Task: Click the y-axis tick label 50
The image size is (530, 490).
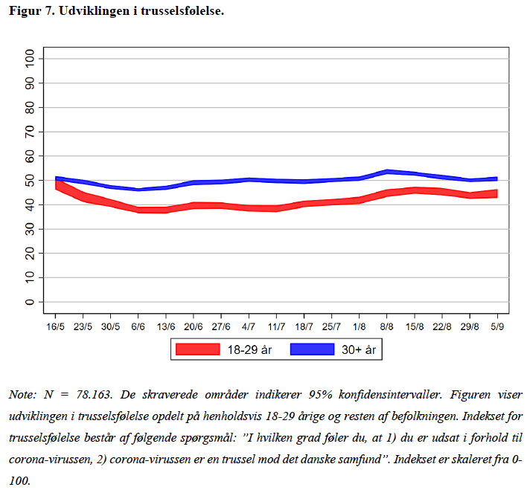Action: pos(30,181)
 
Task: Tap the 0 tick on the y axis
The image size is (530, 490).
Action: pos(30,302)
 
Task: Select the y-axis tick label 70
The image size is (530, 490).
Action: pos(30,132)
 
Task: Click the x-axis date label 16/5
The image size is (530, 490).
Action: pos(55,326)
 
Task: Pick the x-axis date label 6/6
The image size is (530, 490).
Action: pos(138,326)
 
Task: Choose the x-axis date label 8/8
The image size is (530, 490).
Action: pos(386,326)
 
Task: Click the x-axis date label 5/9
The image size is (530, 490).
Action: pos(497,326)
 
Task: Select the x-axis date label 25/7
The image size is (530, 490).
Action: pos(332,326)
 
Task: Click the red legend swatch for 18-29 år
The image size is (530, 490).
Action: pos(197,349)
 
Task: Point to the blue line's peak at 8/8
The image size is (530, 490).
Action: pos(386,172)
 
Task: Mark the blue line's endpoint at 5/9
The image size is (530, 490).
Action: pos(497,178)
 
